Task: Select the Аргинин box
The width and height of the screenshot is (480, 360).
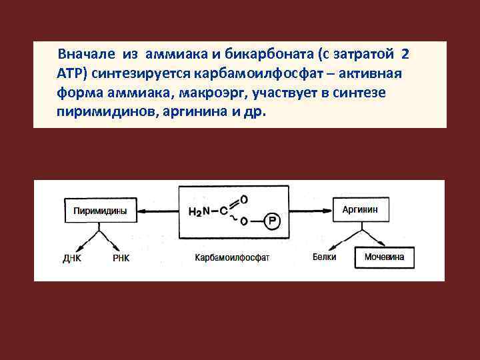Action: (x=361, y=209)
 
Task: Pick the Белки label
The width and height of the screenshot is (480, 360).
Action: (x=324, y=257)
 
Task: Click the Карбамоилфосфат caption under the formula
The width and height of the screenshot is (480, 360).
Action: (x=233, y=257)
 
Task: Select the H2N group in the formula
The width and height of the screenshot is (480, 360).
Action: (x=199, y=213)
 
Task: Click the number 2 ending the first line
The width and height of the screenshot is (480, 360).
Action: (x=405, y=53)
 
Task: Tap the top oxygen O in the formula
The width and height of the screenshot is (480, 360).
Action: (x=243, y=199)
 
